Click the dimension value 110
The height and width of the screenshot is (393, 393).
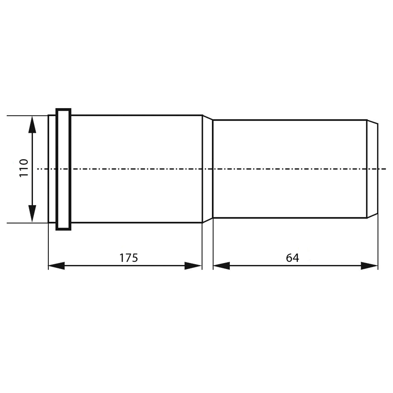point(24,168)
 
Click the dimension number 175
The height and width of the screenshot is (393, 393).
point(129,258)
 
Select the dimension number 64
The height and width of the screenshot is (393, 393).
point(292,258)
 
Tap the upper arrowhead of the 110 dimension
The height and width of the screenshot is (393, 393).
point(32,125)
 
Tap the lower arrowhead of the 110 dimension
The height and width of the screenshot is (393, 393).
point(32,213)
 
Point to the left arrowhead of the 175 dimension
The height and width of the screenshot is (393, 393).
point(56,266)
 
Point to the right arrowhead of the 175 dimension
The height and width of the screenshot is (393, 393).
point(193,266)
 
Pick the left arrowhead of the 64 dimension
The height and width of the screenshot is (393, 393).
point(222,266)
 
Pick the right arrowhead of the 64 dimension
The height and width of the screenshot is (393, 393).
point(369,266)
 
